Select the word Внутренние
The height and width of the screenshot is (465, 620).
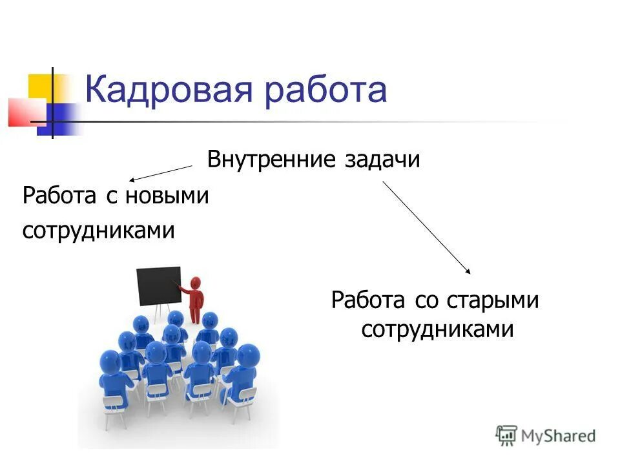(270, 159)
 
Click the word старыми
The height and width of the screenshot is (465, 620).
(495, 300)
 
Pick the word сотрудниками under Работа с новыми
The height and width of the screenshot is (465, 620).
(99, 230)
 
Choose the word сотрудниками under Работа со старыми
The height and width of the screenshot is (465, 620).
(437, 330)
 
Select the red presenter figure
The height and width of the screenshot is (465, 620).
(194, 300)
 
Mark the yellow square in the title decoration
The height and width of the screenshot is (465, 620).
(41, 85)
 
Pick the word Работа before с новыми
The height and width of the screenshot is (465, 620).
(58, 195)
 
